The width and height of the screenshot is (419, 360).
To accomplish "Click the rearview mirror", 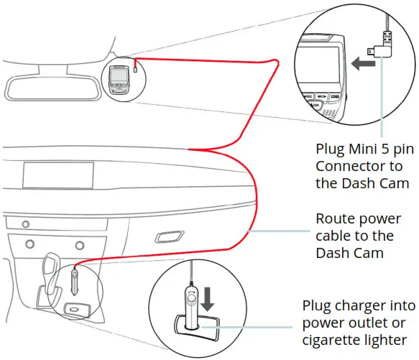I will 50,86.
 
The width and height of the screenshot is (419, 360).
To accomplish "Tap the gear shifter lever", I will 57,269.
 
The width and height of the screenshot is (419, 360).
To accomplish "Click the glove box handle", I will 170,236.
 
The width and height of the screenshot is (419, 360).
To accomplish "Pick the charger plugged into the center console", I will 75,276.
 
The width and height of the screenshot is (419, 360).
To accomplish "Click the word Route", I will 334,218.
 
